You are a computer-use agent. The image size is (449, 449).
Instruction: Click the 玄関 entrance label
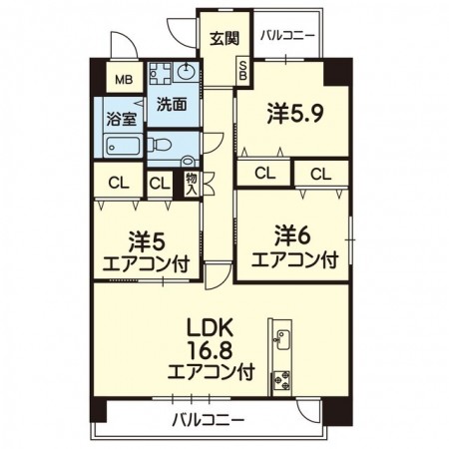pyautogui.click(x=224, y=40)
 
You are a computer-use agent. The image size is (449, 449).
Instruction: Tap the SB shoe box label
pyautogui.click(x=242, y=71)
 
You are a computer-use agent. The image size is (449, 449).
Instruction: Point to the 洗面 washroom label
pyautogui.click(x=172, y=103)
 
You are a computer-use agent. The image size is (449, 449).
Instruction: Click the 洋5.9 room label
pyautogui.click(x=292, y=115)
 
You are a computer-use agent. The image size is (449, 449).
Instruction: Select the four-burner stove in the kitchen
pyautogui.click(x=281, y=380)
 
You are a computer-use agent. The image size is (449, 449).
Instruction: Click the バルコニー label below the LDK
pyautogui.click(x=208, y=418)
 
